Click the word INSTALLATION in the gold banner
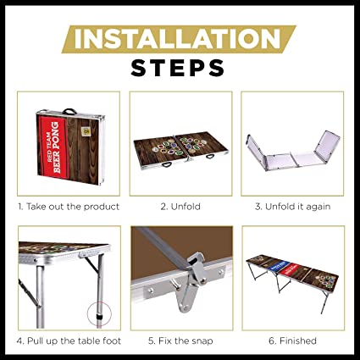(177, 39)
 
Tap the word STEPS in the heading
(178, 68)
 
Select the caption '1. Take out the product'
(69, 207)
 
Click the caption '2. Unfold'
(180, 207)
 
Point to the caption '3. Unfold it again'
(292, 207)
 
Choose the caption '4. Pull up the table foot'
(69, 341)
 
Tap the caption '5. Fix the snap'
(180, 341)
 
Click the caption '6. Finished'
(292, 341)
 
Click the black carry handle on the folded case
(69, 111)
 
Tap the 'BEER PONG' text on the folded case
(56, 147)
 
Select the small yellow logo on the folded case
(85, 131)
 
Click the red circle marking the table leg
(99, 313)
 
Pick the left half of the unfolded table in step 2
(160, 151)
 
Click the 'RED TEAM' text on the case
(49, 147)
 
